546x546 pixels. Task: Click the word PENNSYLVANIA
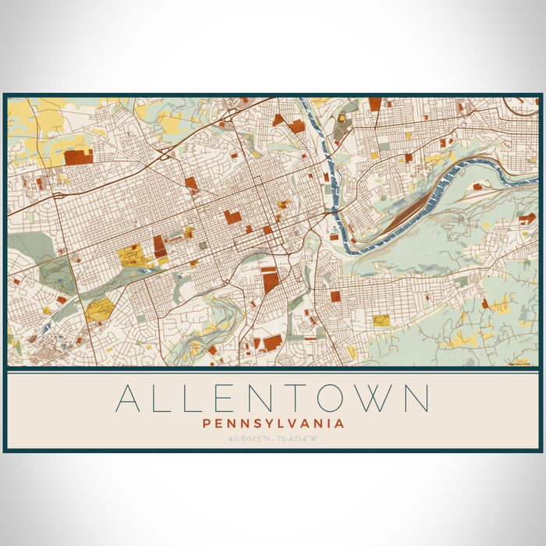coord(273,424)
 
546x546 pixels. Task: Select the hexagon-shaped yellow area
coord(99,310)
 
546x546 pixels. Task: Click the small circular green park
coord(204,246)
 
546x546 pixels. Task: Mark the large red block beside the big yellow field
coord(160,246)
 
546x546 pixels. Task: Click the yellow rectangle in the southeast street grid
coord(381,320)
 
